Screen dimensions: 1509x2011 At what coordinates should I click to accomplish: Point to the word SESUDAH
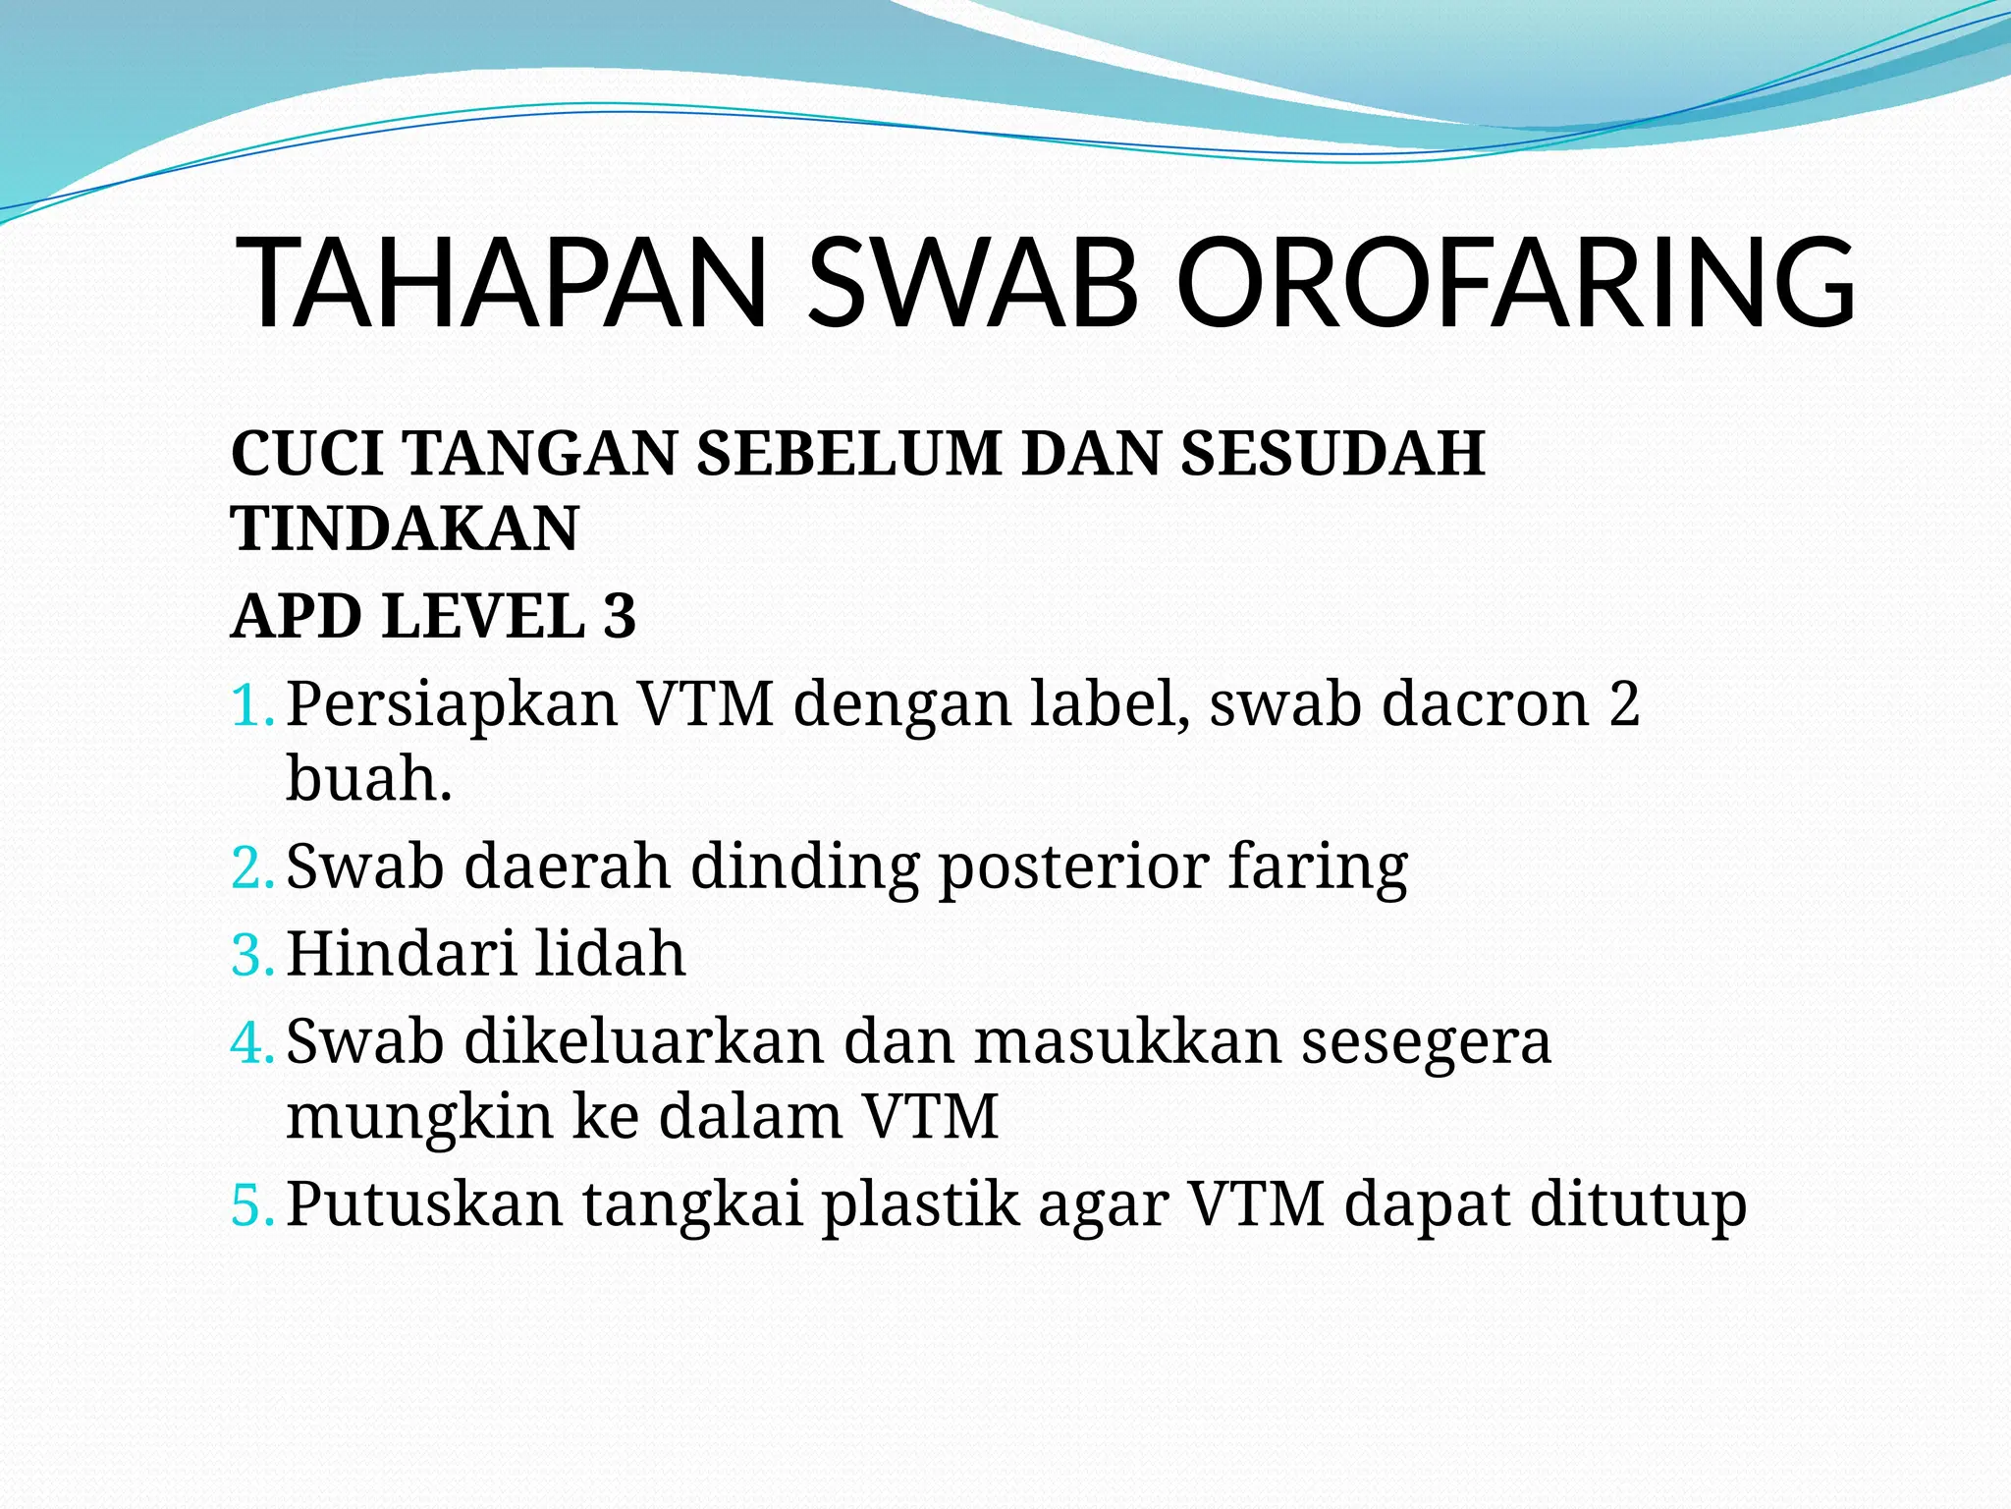tap(1332, 454)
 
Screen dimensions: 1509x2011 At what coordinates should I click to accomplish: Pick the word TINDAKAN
tap(405, 530)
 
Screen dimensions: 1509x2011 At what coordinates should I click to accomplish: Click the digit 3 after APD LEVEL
tap(619, 617)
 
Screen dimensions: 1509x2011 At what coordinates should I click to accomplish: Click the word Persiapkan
tap(452, 705)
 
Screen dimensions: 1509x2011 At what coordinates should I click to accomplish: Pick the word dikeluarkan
tap(644, 1041)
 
